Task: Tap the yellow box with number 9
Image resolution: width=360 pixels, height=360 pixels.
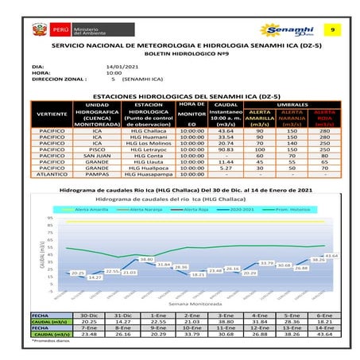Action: (332, 30)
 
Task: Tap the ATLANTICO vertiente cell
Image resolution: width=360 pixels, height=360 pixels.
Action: (53, 174)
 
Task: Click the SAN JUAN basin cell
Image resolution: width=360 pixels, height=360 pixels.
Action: (97, 155)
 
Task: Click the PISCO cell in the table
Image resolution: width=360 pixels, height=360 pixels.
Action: (97, 149)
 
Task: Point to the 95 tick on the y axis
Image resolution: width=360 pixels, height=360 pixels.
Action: (50, 218)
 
